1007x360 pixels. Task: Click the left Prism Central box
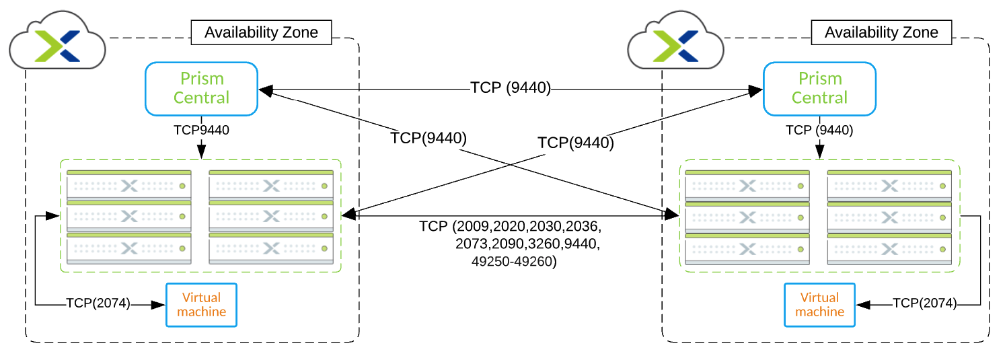click(201, 89)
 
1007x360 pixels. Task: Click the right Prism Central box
click(819, 89)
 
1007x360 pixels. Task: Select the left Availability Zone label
click(261, 32)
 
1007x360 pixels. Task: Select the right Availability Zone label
click(881, 32)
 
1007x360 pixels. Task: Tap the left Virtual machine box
click(201, 305)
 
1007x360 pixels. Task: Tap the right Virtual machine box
click(819, 305)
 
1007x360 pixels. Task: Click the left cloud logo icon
click(58, 40)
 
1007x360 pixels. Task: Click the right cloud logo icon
click(675, 40)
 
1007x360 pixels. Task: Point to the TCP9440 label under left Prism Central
click(201, 130)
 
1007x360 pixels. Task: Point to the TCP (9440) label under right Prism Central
click(819, 130)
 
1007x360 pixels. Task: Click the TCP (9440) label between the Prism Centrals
click(511, 87)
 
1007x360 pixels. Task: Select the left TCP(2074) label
click(98, 303)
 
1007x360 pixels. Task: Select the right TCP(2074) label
click(924, 303)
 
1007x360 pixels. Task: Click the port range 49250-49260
click(514, 261)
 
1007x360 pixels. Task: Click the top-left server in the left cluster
click(129, 185)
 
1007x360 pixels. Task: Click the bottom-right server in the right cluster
click(889, 249)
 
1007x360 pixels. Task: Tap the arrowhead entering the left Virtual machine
click(158, 305)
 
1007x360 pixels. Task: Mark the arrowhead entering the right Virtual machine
click(863, 305)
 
